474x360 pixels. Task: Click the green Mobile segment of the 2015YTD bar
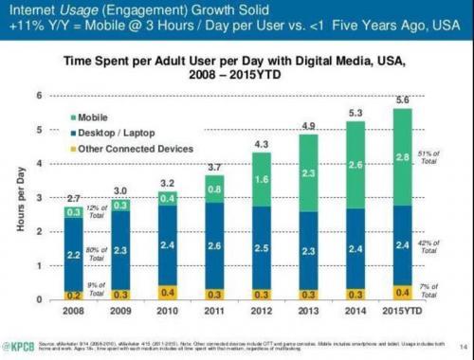[402, 156]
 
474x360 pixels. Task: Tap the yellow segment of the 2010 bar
[167, 292]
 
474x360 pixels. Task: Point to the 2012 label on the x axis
[261, 309]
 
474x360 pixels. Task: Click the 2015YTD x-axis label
[402, 309]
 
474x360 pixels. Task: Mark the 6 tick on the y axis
[38, 96]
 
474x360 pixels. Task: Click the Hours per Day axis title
[16, 199]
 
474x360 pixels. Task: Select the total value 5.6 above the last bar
[402, 101]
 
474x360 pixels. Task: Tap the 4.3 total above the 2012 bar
[261, 144]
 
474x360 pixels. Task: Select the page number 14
[460, 343]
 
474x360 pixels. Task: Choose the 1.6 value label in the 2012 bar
[261, 179]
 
